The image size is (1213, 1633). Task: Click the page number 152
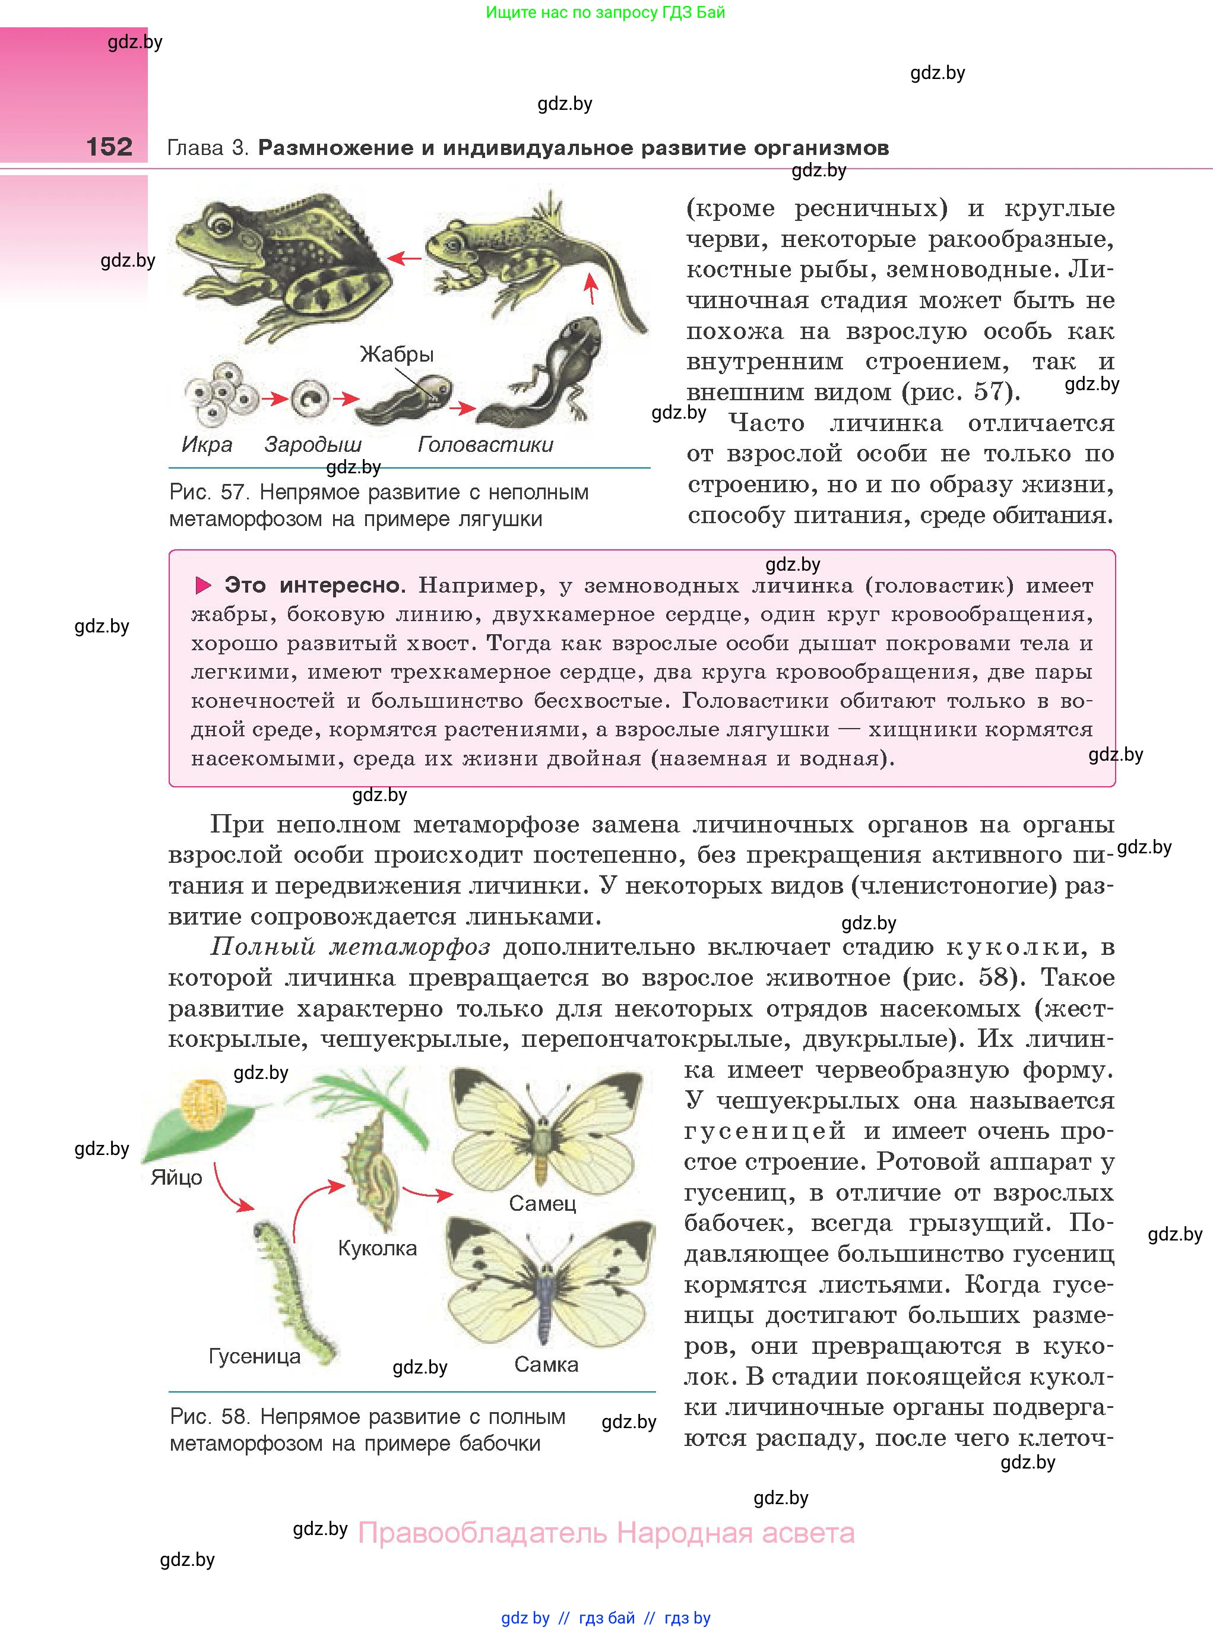point(109,147)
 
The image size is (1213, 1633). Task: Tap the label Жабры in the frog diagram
point(397,354)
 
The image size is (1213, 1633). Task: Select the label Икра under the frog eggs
point(207,444)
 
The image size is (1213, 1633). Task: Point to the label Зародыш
point(313,444)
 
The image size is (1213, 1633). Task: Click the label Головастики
point(485,444)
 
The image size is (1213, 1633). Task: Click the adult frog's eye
point(219,221)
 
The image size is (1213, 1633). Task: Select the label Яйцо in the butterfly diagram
point(176,1178)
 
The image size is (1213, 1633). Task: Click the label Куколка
point(378,1248)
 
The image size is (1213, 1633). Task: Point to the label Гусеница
point(255,1356)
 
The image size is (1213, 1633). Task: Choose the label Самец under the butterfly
point(543,1204)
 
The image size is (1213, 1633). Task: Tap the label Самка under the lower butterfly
point(546,1364)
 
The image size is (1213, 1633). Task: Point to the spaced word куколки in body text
point(1014,947)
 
